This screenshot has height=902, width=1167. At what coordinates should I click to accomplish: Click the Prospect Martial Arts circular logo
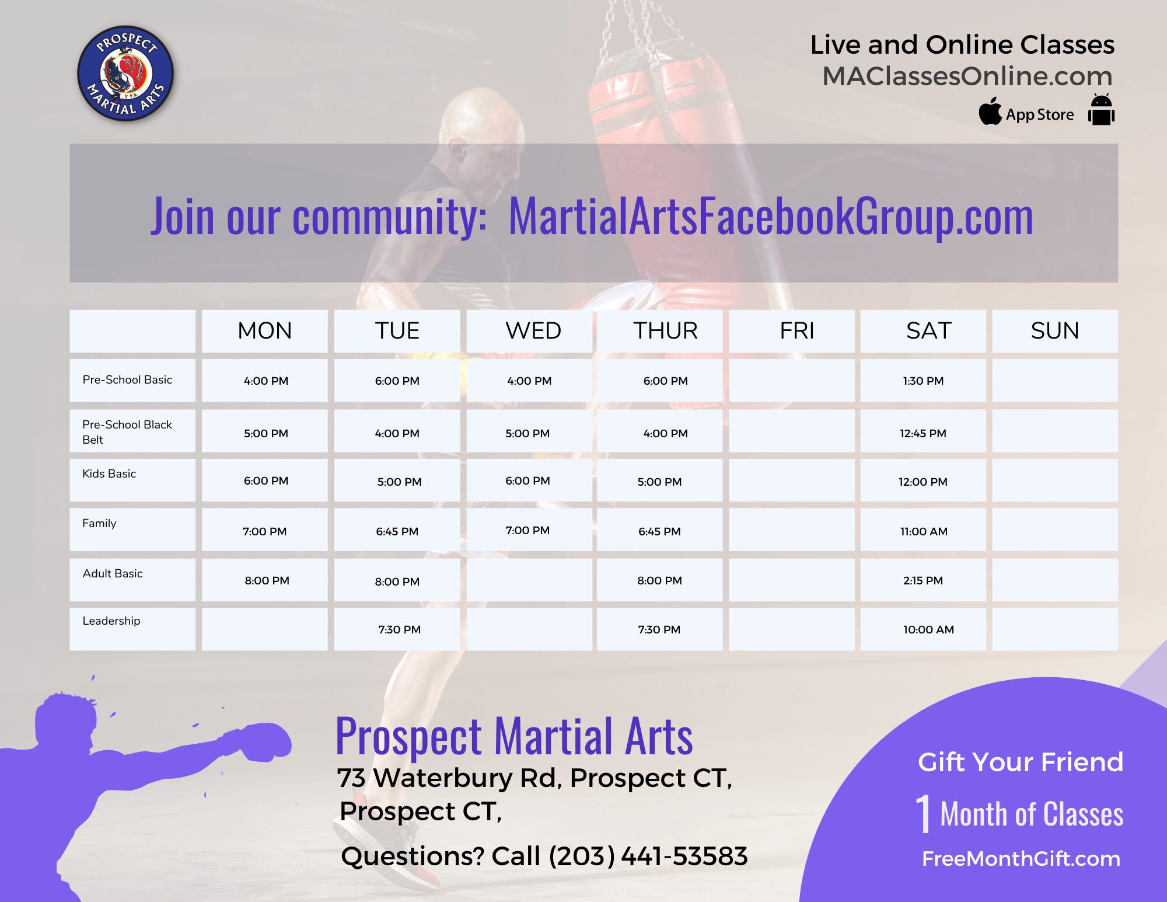coord(125,74)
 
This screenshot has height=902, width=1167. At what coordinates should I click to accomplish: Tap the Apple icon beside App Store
coord(990,111)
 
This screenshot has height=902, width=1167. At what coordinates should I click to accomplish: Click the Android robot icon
coord(1101,109)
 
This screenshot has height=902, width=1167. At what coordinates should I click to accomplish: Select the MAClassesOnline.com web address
coord(967,76)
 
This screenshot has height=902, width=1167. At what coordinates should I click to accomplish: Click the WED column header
coord(533,331)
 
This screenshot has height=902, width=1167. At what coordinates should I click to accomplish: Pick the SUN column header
coord(1054,331)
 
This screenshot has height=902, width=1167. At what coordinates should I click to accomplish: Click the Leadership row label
coord(111,621)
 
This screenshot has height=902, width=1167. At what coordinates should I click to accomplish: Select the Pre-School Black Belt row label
coord(127,432)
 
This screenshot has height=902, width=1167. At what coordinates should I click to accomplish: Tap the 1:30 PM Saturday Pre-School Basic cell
coord(923,381)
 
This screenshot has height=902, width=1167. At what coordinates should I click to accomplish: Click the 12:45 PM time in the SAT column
coord(923,433)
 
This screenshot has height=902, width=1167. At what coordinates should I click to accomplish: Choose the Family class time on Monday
coord(265,531)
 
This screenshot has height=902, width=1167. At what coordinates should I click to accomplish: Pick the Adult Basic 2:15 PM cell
coord(923,580)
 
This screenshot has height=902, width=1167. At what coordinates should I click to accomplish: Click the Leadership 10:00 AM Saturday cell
coord(928,629)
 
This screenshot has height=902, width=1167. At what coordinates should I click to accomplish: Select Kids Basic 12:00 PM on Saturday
coord(923,482)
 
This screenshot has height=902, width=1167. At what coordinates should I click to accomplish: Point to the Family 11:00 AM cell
coord(924,531)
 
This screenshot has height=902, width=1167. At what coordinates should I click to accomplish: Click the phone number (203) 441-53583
coord(648,856)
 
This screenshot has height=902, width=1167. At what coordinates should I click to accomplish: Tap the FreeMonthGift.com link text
coord(1021,859)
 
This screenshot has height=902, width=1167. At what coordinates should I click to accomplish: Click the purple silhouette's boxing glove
coord(266,741)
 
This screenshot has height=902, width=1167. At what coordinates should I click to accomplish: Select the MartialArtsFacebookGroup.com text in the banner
coord(771,216)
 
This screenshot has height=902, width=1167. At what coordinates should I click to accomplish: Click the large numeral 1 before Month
coord(923,813)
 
